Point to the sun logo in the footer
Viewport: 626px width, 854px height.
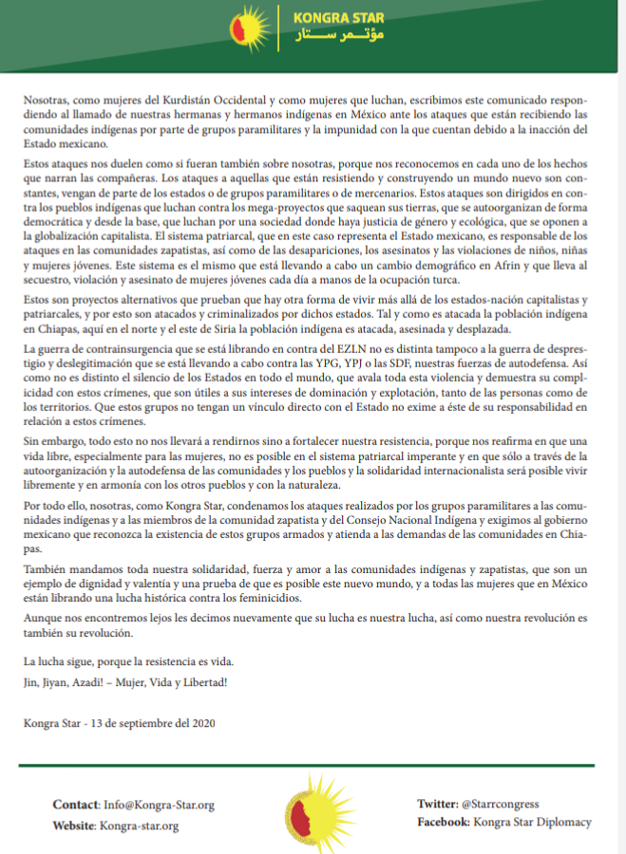point(313,813)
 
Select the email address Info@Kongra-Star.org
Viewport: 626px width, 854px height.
point(159,805)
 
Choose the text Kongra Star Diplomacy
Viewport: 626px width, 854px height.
point(533,822)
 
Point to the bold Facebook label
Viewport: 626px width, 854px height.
point(445,822)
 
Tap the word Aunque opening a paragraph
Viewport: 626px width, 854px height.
point(42,619)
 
